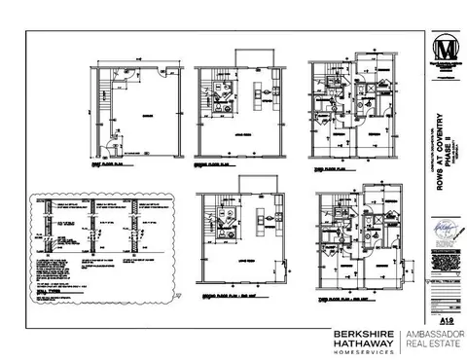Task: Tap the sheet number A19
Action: [447, 319]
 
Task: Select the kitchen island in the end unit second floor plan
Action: [259, 222]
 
